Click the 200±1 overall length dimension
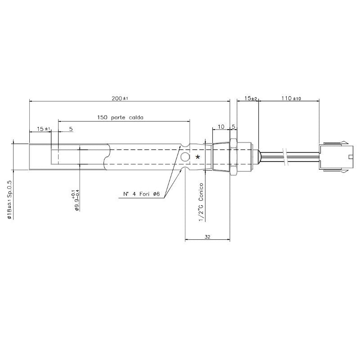coord(120,99)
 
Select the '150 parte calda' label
coord(120,117)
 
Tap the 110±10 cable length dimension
coord(291,99)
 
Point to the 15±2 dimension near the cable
coord(251,99)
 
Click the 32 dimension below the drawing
coord(207,237)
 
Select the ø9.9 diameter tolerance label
coord(76,200)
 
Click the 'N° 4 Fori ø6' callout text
coord(141,194)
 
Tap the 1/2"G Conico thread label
coord(201,202)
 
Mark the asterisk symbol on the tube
coord(198,157)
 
